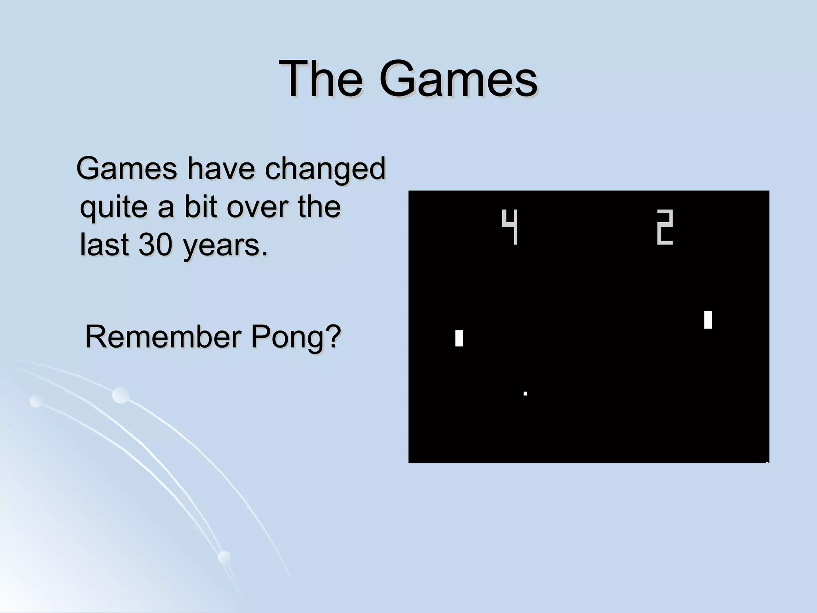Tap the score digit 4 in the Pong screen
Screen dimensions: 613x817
[510, 227]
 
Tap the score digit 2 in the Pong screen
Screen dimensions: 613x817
[665, 227]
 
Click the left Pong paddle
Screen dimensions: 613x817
[459, 338]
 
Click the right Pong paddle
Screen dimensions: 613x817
[708, 320]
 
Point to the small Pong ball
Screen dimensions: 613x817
[525, 394]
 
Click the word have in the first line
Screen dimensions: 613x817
[221, 168]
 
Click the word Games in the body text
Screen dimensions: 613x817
[126, 168]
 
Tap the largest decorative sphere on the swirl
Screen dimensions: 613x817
[120, 395]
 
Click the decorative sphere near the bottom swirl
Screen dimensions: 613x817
[224, 557]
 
